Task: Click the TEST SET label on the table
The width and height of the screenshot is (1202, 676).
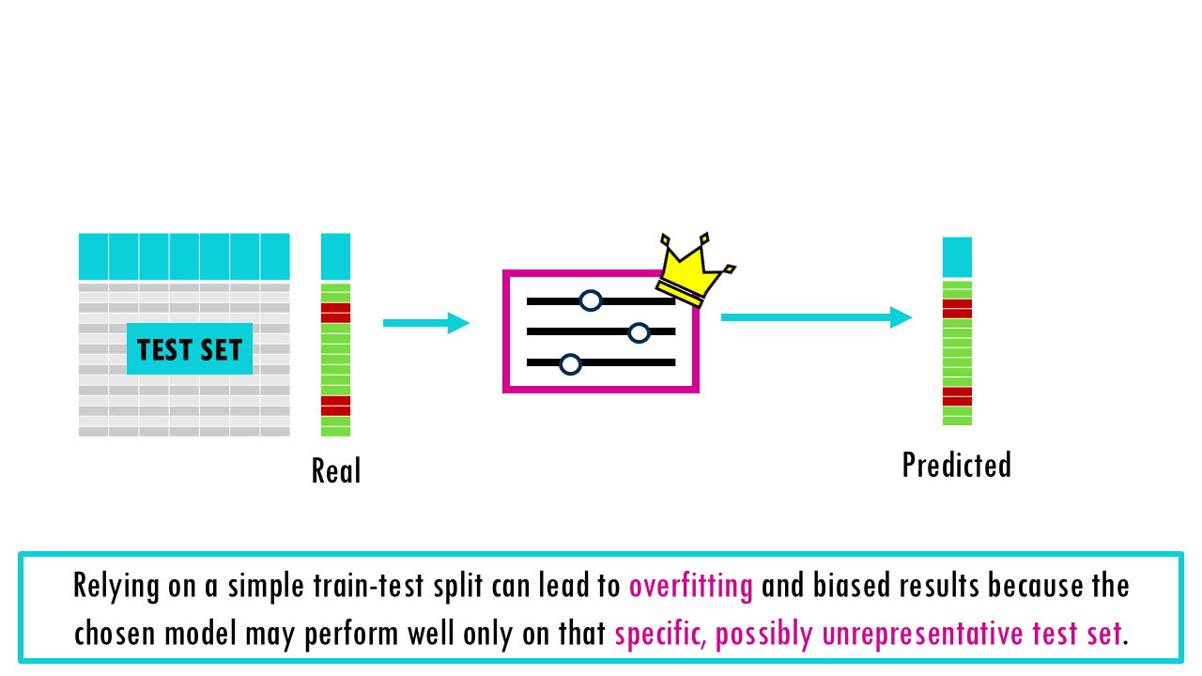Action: coord(190,349)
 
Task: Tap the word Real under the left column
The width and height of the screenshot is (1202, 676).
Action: coord(336,470)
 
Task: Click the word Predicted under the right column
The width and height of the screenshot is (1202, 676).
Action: coord(956,465)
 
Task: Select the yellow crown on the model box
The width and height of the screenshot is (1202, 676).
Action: coord(695,268)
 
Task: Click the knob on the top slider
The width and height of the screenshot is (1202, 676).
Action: coord(590,300)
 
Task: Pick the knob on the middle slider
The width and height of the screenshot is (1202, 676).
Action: coord(639,332)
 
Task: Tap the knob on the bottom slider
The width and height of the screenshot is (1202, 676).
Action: coord(570,363)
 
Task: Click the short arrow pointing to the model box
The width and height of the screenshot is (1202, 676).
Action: coord(425,323)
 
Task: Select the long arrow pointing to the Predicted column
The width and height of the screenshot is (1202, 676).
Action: coord(816,317)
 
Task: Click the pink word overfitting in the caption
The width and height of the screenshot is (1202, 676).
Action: coord(691,586)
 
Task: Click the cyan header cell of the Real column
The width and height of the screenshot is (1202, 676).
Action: coord(335,256)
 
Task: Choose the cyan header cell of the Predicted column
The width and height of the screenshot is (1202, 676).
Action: coord(957,256)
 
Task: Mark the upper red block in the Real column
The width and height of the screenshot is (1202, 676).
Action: coord(335,313)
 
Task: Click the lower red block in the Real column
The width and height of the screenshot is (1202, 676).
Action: coord(335,406)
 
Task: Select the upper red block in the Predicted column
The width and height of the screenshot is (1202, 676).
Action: coord(957,309)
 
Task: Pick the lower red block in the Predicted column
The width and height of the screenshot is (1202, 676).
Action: coord(957,396)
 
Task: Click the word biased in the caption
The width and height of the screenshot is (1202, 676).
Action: coord(842,586)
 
